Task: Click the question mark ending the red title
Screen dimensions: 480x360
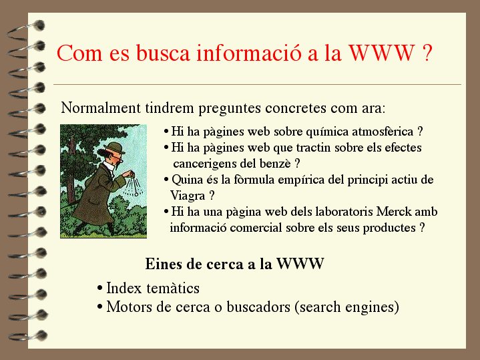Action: point(427,53)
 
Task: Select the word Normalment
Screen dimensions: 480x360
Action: point(101,108)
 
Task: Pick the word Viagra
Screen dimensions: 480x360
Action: point(188,196)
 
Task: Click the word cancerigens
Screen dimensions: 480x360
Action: point(205,164)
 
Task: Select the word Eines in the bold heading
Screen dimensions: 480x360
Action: point(164,264)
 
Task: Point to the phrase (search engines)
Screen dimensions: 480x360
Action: point(347,307)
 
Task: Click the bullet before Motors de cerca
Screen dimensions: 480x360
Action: point(99,307)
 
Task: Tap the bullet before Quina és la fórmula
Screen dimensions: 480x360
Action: point(166,180)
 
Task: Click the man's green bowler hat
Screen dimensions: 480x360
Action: point(114,148)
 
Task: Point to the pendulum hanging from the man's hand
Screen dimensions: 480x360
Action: point(134,186)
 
